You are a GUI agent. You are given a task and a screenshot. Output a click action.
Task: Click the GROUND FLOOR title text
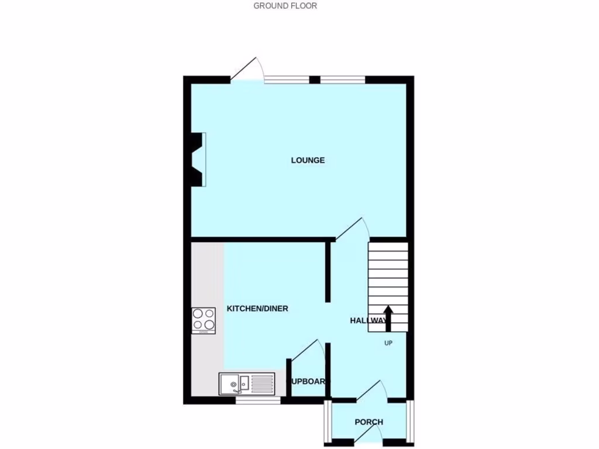[285, 6]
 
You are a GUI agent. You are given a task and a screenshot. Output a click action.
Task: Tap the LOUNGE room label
[308, 160]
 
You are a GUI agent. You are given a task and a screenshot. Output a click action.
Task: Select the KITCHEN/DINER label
[257, 309]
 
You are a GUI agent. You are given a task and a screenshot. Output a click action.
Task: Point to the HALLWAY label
[369, 320]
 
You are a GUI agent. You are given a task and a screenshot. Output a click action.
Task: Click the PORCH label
[369, 422]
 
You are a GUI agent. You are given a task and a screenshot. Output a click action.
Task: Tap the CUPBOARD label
[308, 382]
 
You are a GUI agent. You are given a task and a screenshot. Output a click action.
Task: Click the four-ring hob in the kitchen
[203, 320]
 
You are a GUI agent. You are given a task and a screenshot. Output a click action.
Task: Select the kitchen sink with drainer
[247, 384]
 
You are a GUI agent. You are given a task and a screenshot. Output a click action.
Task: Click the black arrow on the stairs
[387, 317]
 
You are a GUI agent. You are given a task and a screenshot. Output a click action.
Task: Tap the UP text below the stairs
[388, 343]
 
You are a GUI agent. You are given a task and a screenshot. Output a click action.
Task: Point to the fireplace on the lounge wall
[199, 159]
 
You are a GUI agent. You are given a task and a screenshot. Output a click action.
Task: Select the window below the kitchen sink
[258, 400]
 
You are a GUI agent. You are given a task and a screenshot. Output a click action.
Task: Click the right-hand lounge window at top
[342, 80]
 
